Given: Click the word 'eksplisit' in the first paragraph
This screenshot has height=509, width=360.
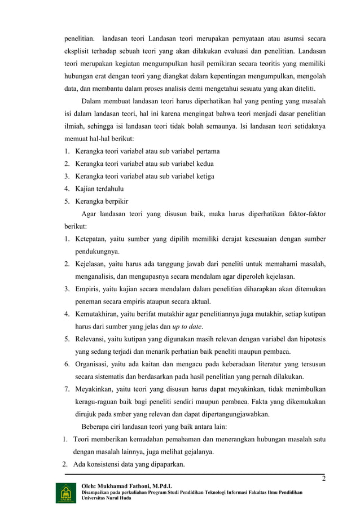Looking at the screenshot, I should [76, 52].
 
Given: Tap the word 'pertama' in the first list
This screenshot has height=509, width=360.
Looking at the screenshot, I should [207, 151].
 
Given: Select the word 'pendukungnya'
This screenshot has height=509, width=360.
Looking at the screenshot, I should [98, 251].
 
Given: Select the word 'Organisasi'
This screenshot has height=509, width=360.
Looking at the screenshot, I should [92, 363].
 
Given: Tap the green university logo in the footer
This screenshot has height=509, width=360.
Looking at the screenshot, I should [63, 493].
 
